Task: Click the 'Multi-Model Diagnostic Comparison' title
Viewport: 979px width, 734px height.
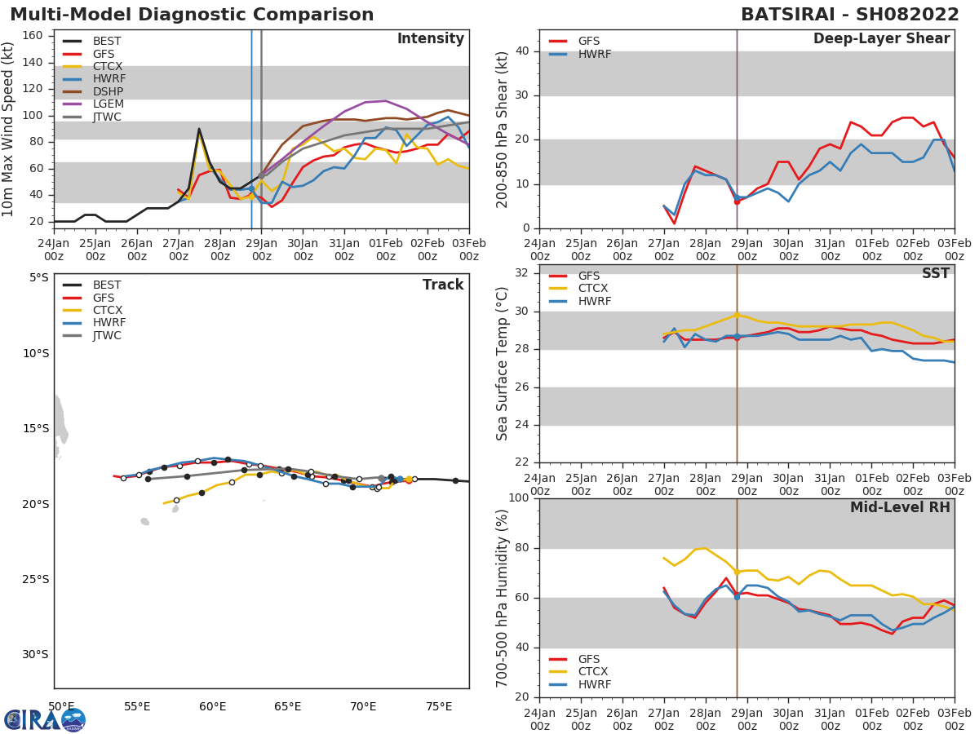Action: pos(192,15)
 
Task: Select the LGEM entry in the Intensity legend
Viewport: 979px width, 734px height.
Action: pos(109,104)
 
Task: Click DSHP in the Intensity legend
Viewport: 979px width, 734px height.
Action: pos(109,91)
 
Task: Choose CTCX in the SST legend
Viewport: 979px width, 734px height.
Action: pos(593,289)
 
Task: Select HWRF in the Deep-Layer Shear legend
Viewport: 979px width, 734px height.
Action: pos(595,55)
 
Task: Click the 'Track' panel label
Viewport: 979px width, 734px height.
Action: pos(443,285)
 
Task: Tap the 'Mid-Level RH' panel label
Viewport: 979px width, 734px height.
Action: pos(900,508)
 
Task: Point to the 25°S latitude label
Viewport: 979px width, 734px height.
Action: pos(36,580)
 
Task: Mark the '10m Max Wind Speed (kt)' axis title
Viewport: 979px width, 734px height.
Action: pos(9,129)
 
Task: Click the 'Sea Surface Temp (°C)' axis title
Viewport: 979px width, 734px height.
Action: pos(503,364)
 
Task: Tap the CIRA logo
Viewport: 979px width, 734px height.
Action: pos(45,719)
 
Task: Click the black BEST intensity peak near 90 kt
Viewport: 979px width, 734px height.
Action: pos(199,129)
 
